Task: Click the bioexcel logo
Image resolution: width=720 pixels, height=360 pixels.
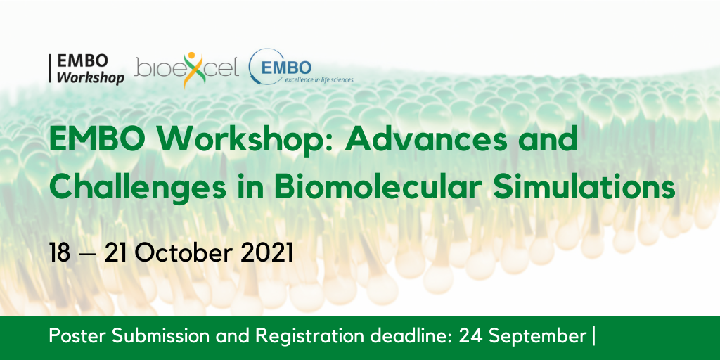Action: tap(187, 70)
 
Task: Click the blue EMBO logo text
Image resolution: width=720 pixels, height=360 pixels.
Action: tap(285, 68)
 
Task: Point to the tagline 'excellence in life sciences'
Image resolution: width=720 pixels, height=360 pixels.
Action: tap(319, 79)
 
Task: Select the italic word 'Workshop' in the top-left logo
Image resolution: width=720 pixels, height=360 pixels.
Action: tap(91, 77)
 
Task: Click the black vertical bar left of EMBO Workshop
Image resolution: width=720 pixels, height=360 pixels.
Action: tap(50, 69)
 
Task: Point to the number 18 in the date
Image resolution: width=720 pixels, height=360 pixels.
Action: tap(60, 253)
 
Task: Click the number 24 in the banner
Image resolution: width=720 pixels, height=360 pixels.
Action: tap(471, 337)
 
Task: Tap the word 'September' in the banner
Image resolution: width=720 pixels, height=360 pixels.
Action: tap(536, 337)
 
